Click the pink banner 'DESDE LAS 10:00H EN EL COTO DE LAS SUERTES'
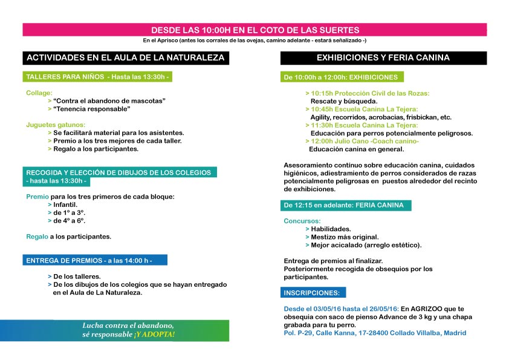coord(254,29)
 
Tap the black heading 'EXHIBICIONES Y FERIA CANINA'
coord(383,58)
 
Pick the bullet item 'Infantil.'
coord(65,205)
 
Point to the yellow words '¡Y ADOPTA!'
coord(155,334)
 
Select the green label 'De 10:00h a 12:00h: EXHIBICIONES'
coord(341,77)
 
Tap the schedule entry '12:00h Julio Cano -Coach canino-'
coord(364,140)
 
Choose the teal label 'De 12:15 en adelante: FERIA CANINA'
coord(344,205)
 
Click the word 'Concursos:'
coord(302,221)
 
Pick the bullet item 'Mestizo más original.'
coord(344,237)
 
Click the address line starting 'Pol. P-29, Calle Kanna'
coord(375,333)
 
